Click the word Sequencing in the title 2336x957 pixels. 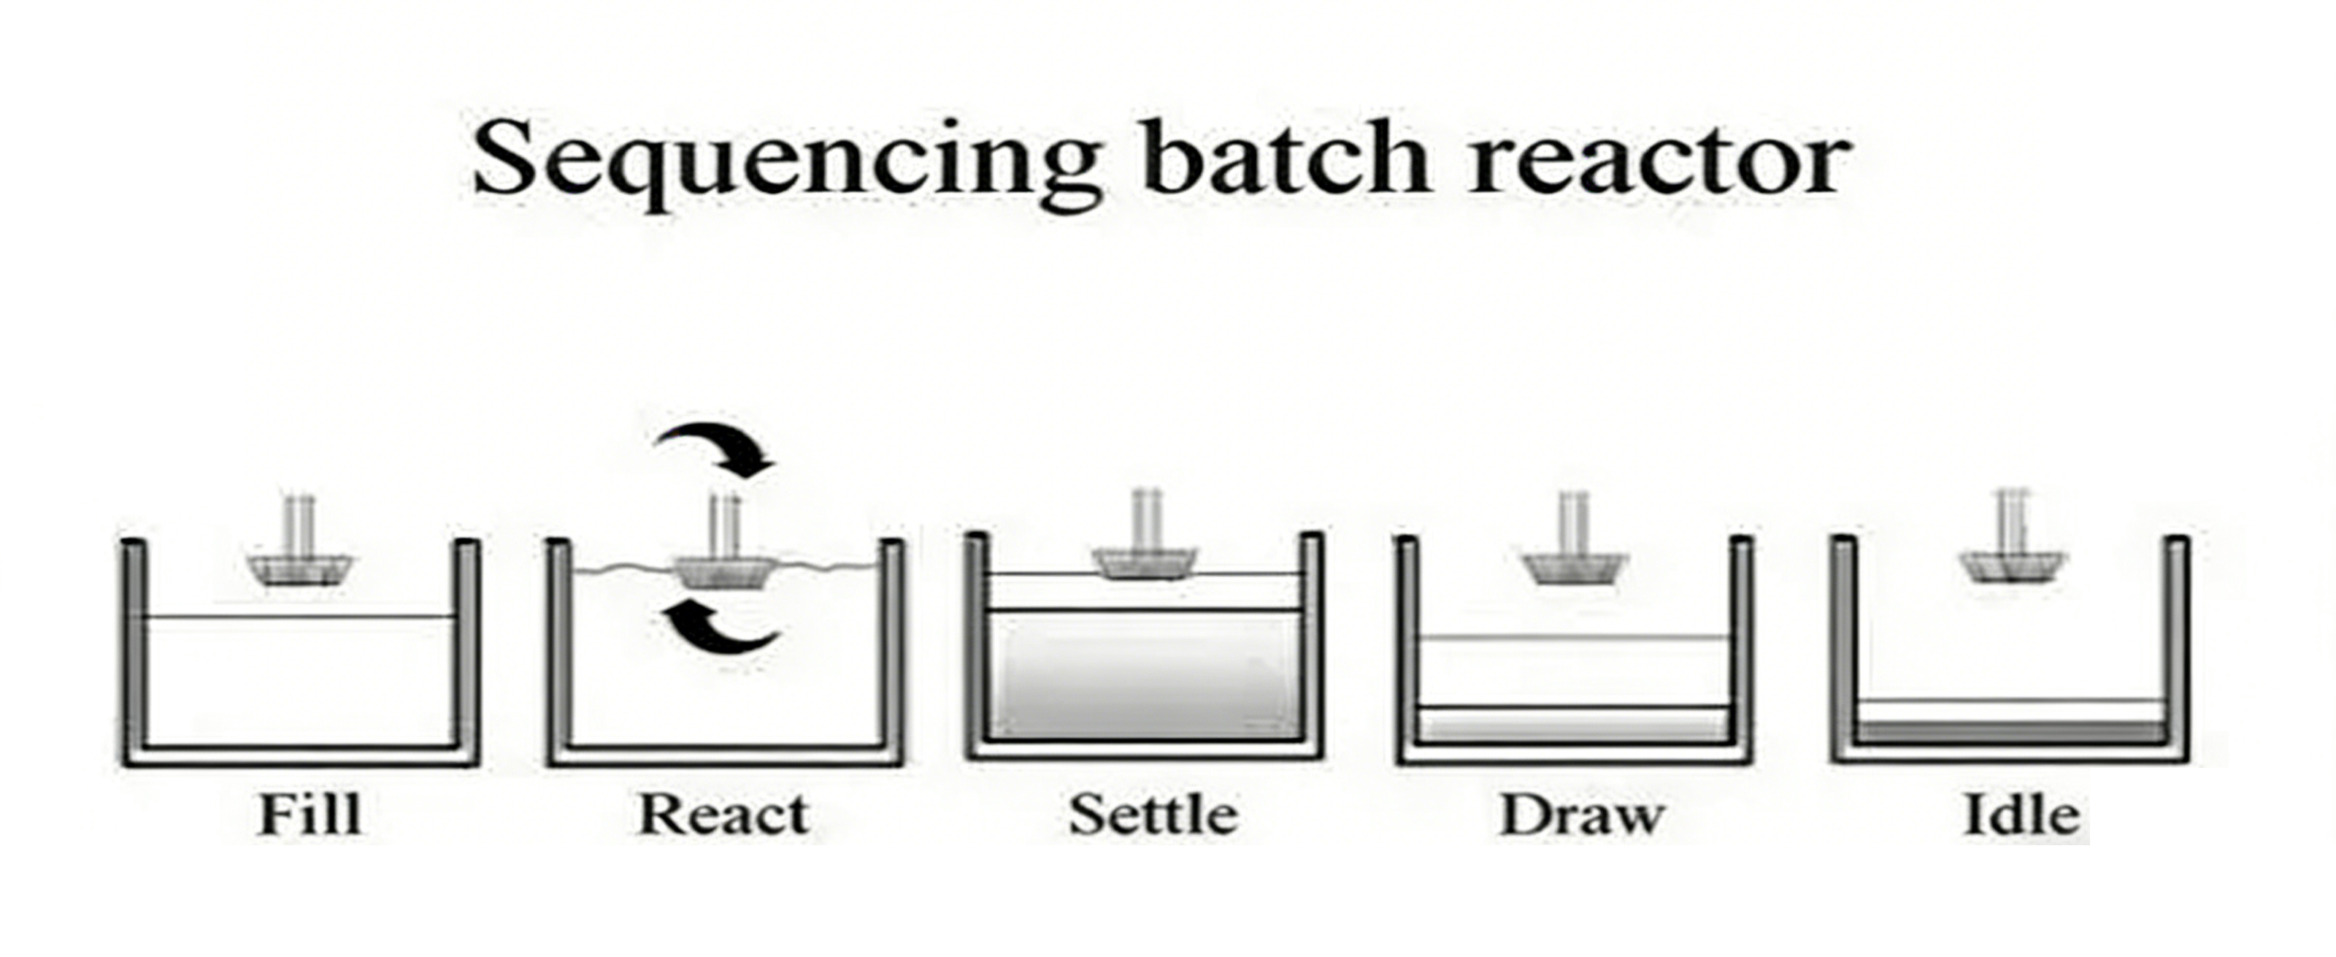tap(785, 161)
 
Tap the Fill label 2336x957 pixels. tap(310, 814)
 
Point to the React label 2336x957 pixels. tap(723, 814)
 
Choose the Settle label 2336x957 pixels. tap(1153, 814)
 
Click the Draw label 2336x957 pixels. tap(1583, 814)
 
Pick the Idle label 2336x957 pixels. tap(2021, 814)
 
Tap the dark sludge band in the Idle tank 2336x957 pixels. tap(2009, 732)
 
